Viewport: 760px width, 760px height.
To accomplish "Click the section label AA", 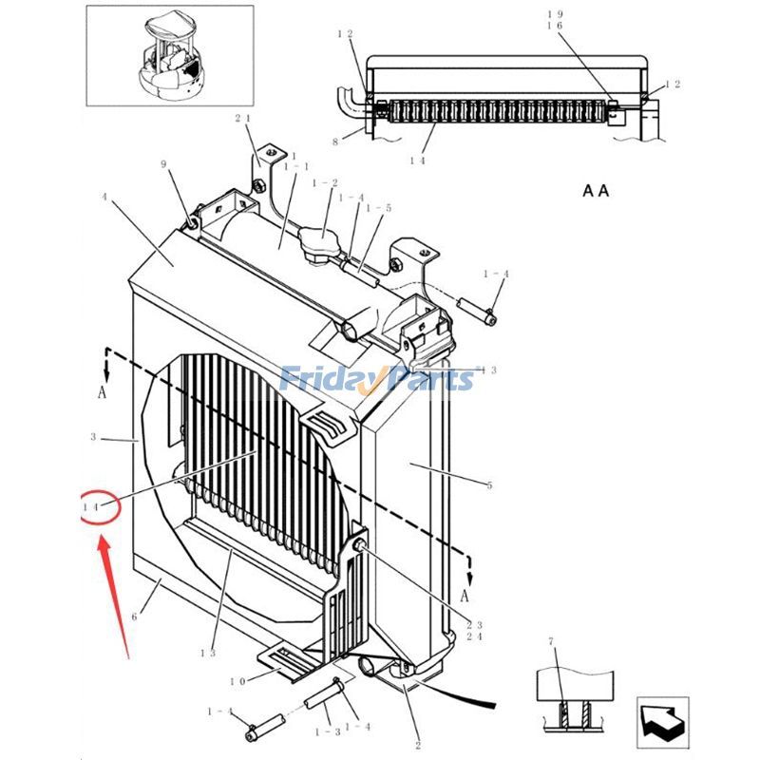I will [596, 191].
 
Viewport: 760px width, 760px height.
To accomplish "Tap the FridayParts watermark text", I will [376, 380].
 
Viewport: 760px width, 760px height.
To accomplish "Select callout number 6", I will [134, 617].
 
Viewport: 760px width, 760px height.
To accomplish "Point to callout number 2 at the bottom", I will [417, 746].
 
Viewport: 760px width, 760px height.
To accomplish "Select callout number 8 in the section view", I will [334, 142].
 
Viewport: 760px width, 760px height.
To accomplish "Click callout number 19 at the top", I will [556, 14].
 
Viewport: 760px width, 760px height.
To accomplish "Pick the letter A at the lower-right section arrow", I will [465, 597].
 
